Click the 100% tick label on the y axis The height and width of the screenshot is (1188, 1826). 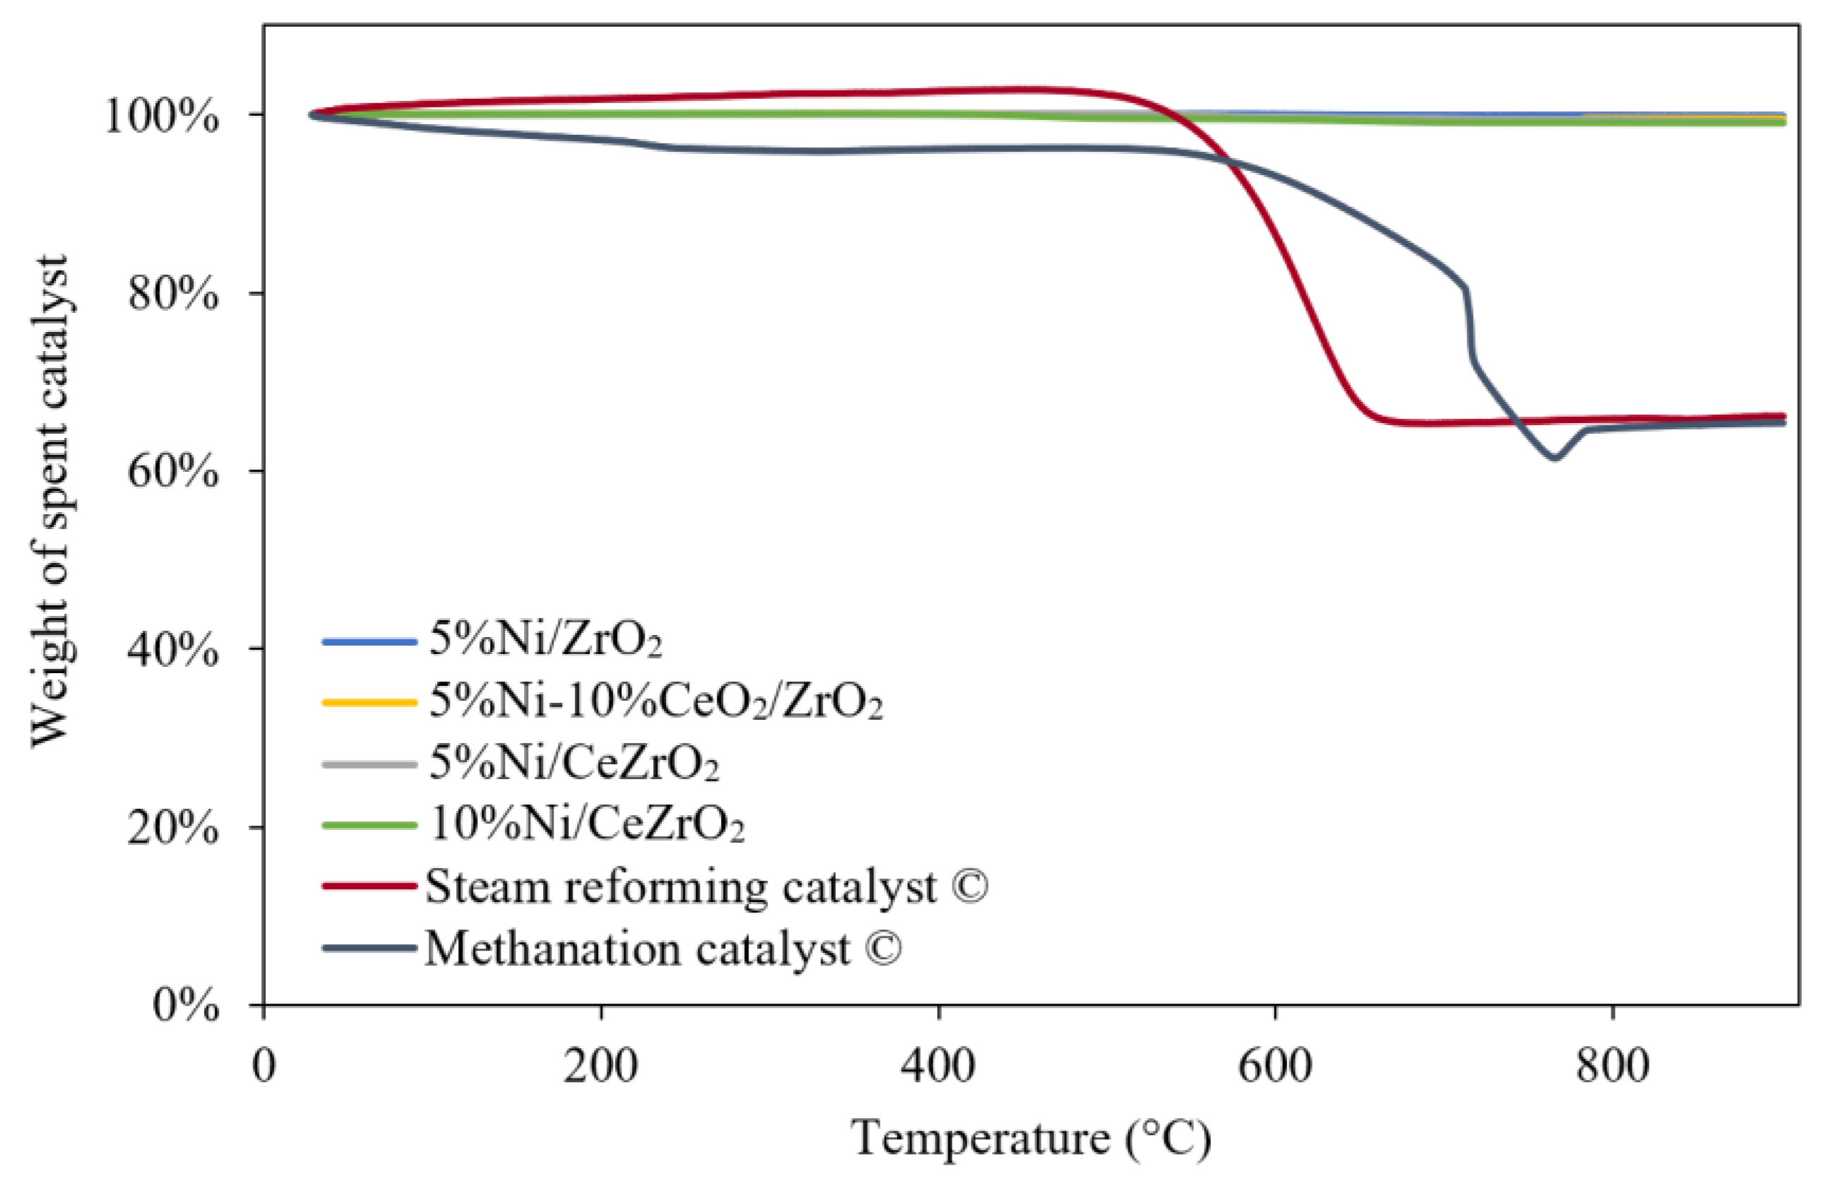[x=161, y=117]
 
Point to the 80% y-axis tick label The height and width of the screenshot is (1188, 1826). [x=172, y=295]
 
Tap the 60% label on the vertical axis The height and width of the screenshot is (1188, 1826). [x=172, y=472]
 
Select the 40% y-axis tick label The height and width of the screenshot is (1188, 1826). [x=172, y=651]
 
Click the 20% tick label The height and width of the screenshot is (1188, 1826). [x=172, y=828]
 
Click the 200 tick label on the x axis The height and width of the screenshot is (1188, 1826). [x=600, y=1067]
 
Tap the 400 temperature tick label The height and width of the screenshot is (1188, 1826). [x=938, y=1067]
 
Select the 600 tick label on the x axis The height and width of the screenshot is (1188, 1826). [x=1275, y=1067]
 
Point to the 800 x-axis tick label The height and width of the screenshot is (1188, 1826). [x=1612, y=1067]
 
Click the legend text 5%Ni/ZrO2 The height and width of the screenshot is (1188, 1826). [x=544, y=639]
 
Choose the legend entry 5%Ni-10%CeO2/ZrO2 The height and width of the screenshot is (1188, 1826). [x=655, y=701]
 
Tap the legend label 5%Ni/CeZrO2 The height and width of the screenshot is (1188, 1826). [x=573, y=764]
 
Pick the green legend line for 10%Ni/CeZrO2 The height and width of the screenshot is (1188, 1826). [x=369, y=826]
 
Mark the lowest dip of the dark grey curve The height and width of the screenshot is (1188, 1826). [x=1554, y=458]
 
